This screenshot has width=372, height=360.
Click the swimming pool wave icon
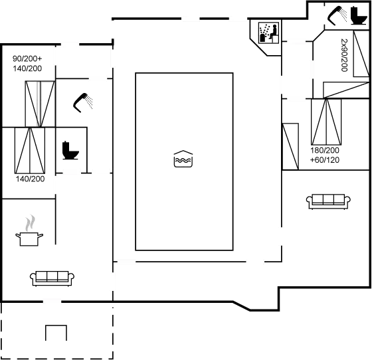pyautogui.click(x=183, y=159)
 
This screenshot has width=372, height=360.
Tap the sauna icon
pyautogui.click(x=268, y=33)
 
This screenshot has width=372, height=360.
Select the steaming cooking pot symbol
pyautogui.click(x=29, y=230)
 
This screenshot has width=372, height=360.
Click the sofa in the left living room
pyautogui.click(x=52, y=278)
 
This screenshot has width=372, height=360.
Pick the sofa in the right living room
pyautogui.click(x=329, y=201)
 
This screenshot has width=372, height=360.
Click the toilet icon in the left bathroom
pyautogui.click(x=70, y=150)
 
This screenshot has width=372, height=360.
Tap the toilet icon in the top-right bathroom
pyautogui.click(x=358, y=15)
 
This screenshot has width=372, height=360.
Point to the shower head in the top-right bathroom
pyautogui.click(x=337, y=15)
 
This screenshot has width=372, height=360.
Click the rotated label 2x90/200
pyautogui.click(x=344, y=55)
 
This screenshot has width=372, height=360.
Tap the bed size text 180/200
pyautogui.click(x=325, y=150)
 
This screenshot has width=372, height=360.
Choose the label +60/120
pyautogui.click(x=325, y=160)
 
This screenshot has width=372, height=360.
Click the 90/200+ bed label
pyautogui.click(x=27, y=58)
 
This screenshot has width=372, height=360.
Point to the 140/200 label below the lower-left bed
pyautogui.click(x=30, y=179)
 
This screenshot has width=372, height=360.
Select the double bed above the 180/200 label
pyautogui.click(x=326, y=122)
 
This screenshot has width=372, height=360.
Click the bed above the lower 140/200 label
pyautogui.click(x=30, y=150)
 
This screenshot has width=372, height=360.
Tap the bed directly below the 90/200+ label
pyautogui.click(x=40, y=104)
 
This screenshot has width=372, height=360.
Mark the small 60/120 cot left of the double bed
pyautogui.click(x=290, y=146)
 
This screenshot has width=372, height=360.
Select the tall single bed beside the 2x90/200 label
pyautogui.click(x=361, y=54)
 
